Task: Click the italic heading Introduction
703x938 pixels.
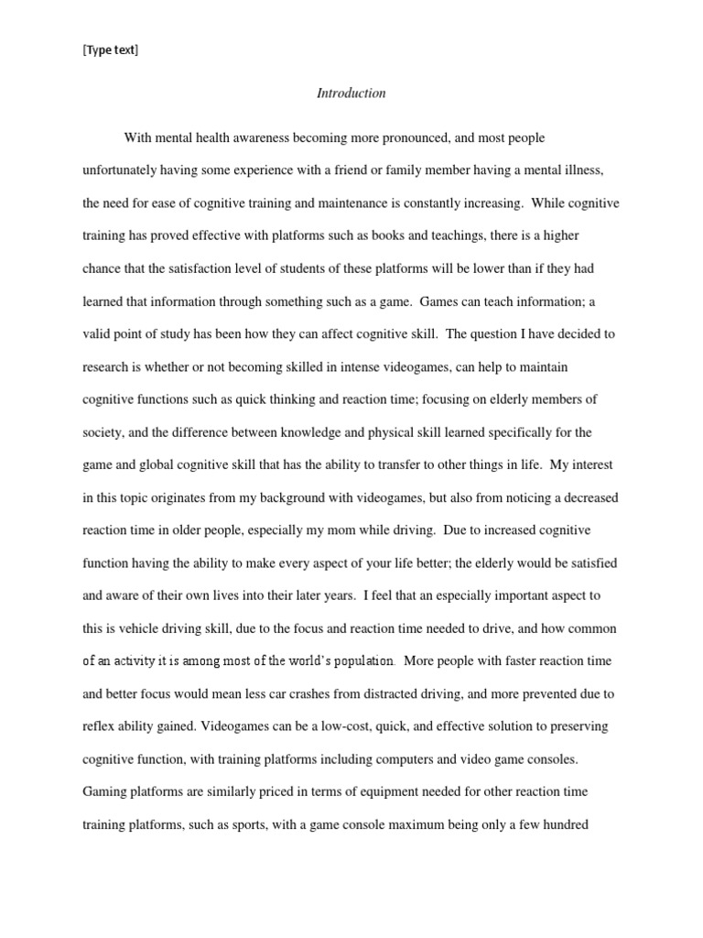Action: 351,93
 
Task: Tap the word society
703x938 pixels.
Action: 103,431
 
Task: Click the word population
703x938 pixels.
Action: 363,660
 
